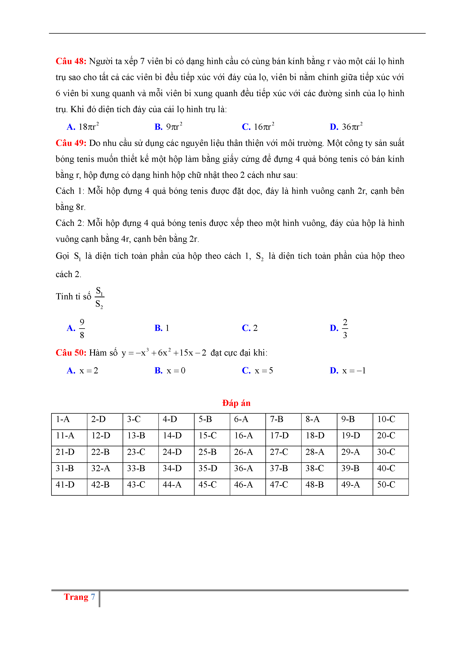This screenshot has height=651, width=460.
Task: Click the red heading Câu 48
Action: (71, 61)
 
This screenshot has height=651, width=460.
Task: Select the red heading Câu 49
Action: (71, 143)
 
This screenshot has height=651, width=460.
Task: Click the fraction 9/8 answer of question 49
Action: (82, 328)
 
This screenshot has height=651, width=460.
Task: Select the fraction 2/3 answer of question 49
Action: (345, 328)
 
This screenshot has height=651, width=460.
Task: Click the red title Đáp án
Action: (236, 403)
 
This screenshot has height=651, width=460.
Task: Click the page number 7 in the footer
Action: (93, 597)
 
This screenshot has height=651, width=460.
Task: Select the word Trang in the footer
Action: (76, 597)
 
